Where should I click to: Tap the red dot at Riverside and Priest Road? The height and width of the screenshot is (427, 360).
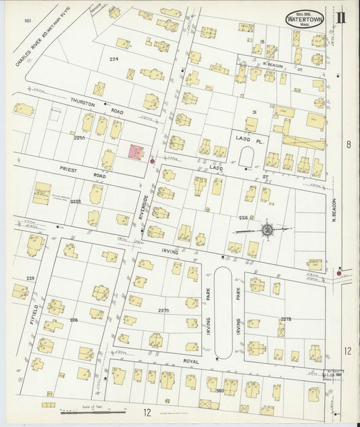[152, 161]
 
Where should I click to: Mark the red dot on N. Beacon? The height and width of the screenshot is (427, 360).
[339, 273]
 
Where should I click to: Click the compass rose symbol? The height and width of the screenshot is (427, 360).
[267, 230]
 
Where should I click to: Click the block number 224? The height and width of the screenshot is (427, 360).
[113, 59]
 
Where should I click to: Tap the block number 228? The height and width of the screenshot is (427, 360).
[74, 320]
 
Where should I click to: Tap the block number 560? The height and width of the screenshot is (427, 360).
[219, 390]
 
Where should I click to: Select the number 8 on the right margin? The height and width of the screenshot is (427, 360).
[348, 144]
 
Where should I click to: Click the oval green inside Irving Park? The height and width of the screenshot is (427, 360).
[222, 312]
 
